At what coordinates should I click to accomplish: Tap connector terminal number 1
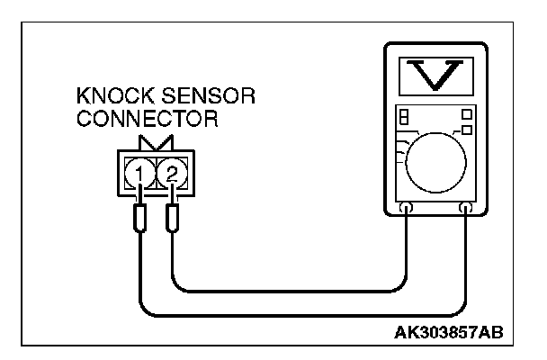coord(139,171)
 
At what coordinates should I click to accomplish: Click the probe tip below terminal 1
coord(140,219)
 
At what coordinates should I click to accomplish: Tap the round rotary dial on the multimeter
coord(435,162)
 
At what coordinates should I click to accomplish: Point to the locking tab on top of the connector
coord(157,144)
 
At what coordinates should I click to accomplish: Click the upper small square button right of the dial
coord(466,114)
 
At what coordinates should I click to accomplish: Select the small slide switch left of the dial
coord(404,118)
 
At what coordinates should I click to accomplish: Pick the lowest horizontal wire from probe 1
coord(297,315)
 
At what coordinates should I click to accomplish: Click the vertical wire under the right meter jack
coord(466,261)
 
